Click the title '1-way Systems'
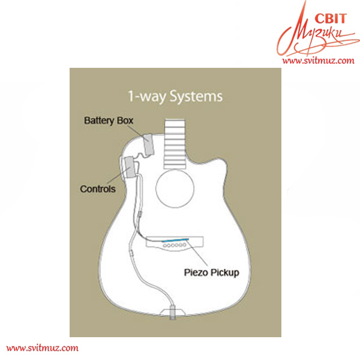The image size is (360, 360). coord(175,96)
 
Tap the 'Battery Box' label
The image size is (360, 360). coord(109,121)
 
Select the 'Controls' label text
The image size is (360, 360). coord(98,189)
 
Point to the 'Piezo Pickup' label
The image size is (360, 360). coord(211,272)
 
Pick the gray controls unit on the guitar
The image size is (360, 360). coord(129,167)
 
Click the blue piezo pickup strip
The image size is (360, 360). coord(175,240)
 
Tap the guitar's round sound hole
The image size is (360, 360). coord(175,188)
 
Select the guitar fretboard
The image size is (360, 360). coord(175,144)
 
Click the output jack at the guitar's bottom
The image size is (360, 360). coord(172,312)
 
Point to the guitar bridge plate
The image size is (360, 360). coord(175,244)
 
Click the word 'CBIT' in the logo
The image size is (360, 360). coord(331,19)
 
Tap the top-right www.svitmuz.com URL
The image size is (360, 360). coord(318,61)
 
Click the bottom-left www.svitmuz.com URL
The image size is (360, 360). coord(42,348)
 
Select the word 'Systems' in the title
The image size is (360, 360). coord(196,97)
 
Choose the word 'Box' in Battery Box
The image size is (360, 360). coord(125,121)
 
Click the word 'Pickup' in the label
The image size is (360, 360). coord(225,273)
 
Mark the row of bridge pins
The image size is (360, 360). coord(175,245)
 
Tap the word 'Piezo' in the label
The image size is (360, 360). coord(197,272)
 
